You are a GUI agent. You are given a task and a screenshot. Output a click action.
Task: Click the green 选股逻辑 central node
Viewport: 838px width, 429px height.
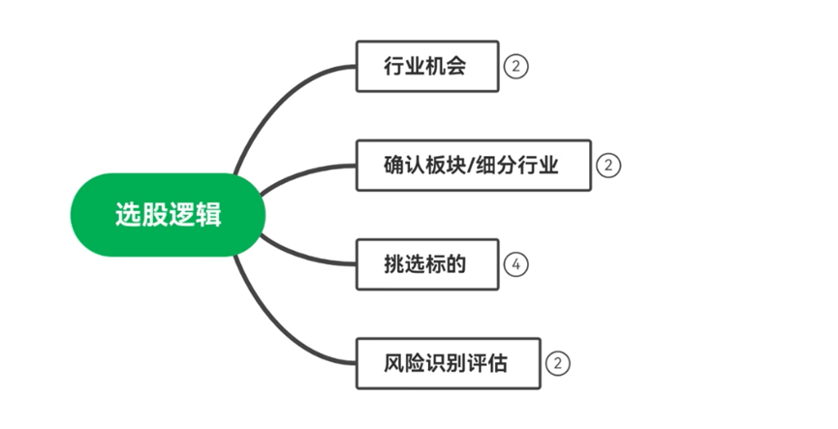pyautogui.click(x=168, y=214)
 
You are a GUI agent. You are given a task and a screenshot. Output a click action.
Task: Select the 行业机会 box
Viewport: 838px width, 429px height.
pyautogui.click(x=426, y=66)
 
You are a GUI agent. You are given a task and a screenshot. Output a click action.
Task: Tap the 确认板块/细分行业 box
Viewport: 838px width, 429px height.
pyautogui.click(x=473, y=165)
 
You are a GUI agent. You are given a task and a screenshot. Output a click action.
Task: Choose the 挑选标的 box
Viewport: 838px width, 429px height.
pyautogui.click(x=426, y=263)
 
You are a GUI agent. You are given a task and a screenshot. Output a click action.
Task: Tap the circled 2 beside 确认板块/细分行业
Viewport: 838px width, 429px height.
pyautogui.click(x=607, y=166)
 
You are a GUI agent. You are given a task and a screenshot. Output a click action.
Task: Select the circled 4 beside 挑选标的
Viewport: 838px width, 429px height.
pyautogui.click(x=516, y=264)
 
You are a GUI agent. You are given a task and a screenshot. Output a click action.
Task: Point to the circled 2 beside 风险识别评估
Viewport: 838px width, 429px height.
pyautogui.click(x=557, y=364)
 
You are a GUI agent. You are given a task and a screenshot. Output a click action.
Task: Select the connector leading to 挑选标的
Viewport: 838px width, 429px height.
pyautogui.click(x=300, y=254)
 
